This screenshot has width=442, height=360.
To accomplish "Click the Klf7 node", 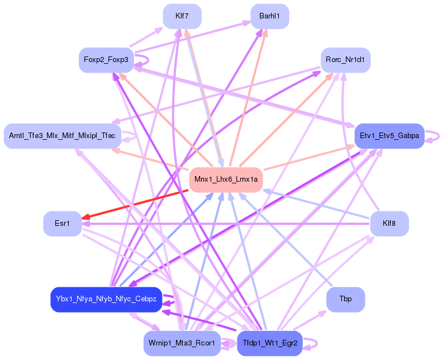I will click(x=182, y=16).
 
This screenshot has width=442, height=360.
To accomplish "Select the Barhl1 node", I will click(x=270, y=16).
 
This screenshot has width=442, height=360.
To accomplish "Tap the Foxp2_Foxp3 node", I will click(x=106, y=60).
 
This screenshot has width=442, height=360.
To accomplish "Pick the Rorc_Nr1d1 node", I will click(x=346, y=60).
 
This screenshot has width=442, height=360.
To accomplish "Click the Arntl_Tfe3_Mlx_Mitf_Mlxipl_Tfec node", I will click(x=62, y=136).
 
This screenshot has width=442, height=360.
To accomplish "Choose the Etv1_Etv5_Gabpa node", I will click(x=389, y=136).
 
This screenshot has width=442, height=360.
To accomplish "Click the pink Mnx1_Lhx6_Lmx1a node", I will click(x=226, y=179).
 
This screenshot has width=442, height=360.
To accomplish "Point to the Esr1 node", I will click(x=62, y=224).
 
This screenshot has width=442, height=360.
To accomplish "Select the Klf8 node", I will click(x=389, y=224).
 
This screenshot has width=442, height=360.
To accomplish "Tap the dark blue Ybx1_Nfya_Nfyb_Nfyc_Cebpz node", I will click(x=106, y=300).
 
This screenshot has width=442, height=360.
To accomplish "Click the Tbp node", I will click(x=346, y=300).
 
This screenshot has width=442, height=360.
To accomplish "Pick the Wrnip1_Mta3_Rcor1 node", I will click(x=182, y=343).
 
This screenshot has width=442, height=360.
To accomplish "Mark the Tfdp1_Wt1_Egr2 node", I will click(x=270, y=343).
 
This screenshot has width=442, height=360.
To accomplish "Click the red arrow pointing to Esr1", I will click(x=134, y=204).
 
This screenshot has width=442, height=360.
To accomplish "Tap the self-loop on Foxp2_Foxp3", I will click(x=147, y=60).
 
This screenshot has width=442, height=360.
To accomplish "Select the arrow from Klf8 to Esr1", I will click(x=224, y=224).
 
